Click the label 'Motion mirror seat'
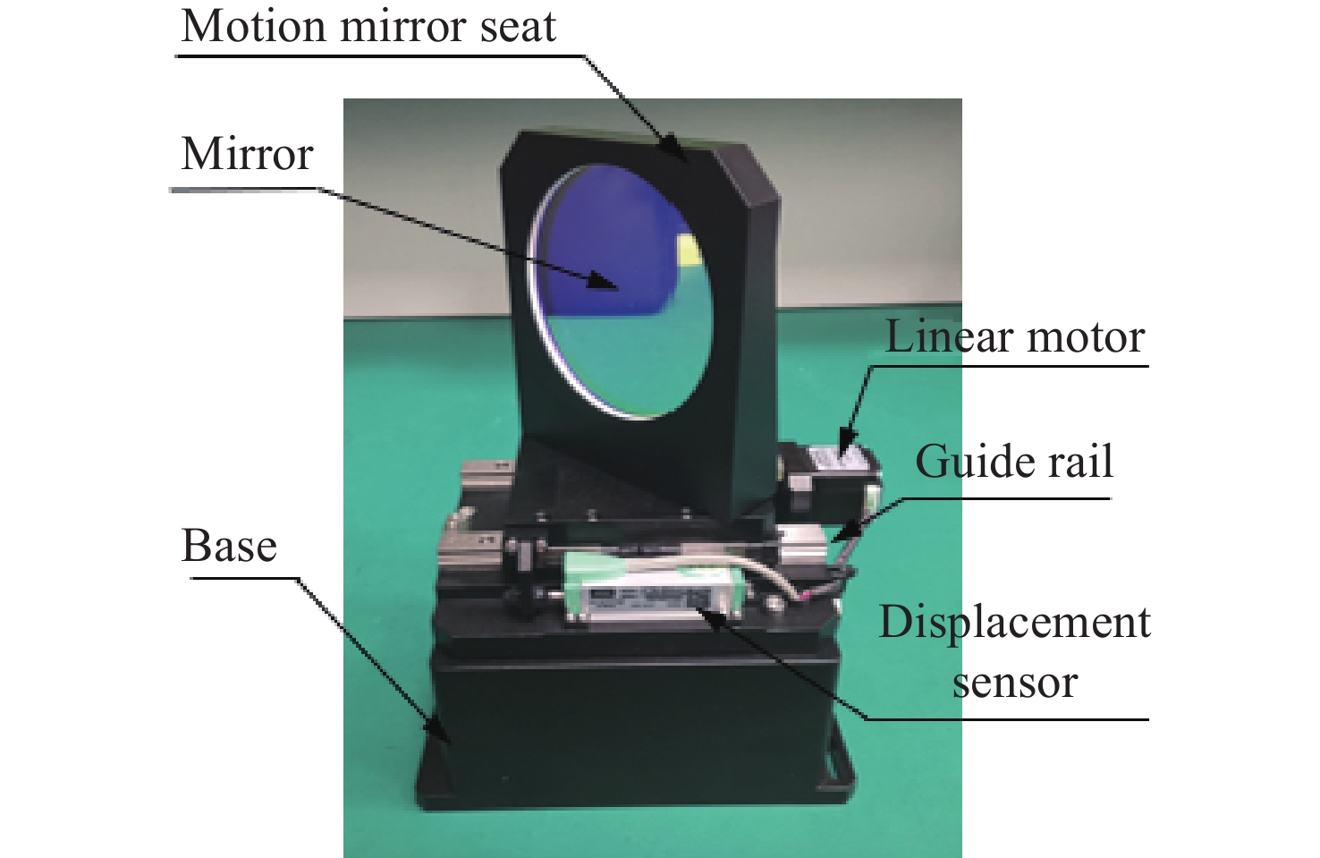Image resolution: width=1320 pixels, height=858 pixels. pos(368,27)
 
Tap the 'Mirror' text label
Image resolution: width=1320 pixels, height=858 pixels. pos(247,154)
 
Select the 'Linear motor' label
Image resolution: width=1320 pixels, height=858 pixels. pos(1014,337)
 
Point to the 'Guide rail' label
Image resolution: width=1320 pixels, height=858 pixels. pos(1014,463)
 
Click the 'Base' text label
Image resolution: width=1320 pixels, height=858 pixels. pos(229,546)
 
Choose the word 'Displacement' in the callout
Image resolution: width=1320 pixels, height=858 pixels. pos(1014,622)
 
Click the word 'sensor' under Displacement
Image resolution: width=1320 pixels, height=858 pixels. pos(1014,683)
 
